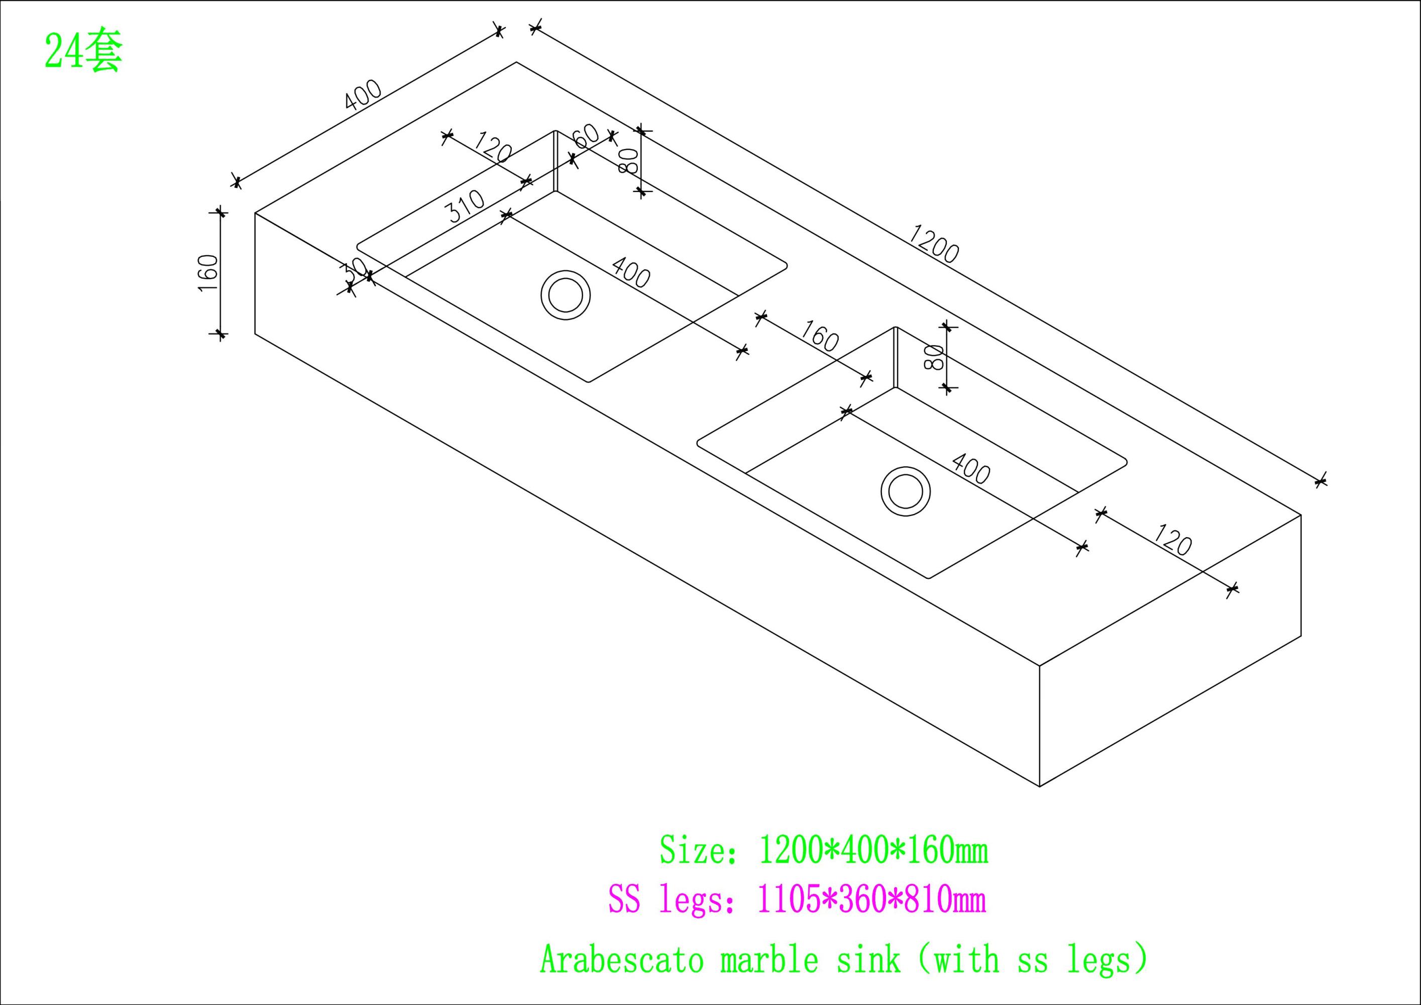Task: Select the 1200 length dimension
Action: [933, 243]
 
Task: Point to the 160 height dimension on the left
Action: [208, 273]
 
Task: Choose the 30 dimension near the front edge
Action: [355, 271]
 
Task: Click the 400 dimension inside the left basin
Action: [631, 272]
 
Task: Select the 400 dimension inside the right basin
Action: [970, 469]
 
